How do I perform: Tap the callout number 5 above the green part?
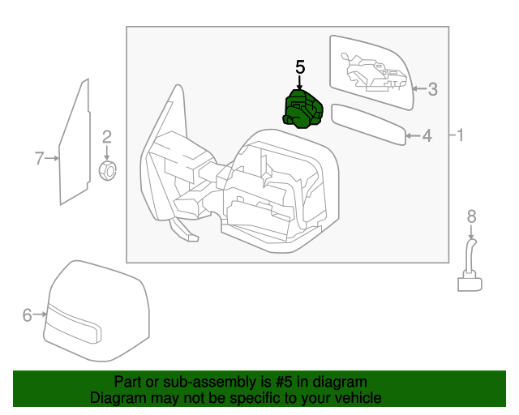(x=300, y=68)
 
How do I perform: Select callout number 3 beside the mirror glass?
(x=432, y=89)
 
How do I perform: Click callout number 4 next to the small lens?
(x=427, y=136)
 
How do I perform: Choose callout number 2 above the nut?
(x=106, y=137)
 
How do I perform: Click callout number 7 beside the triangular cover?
(x=39, y=158)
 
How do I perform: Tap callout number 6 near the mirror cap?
(x=28, y=315)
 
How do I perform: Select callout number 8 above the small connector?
(x=471, y=216)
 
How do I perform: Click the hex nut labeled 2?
(x=107, y=170)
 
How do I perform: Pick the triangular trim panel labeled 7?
(x=75, y=146)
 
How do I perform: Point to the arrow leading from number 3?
(x=418, y=89)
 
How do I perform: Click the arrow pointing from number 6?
(x=42, y=315)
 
